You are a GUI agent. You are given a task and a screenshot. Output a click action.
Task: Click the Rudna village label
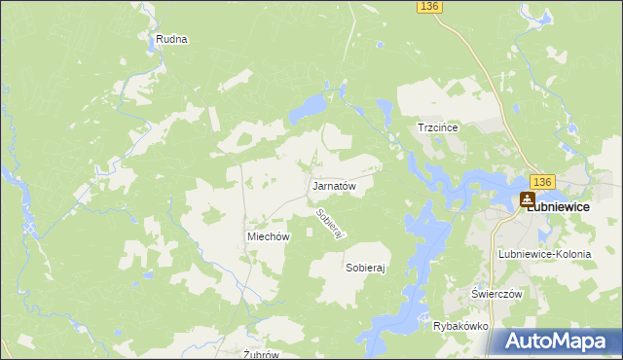click(x=170, y=40)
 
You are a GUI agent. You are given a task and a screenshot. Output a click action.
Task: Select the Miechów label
click(x=269, y=236)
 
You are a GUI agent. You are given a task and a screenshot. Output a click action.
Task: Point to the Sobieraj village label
click(x=366, y=266)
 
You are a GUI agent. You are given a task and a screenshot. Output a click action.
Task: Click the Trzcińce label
click(x=437, y=127)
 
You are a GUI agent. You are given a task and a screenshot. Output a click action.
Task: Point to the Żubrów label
click(x=261, y=354)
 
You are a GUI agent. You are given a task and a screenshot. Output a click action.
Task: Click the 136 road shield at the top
click(x=429, y=7)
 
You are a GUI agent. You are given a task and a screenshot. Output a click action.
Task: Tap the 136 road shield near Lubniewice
click(x=543, y=182)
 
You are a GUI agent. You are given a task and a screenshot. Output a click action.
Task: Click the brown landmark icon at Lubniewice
click(x=527, y=199)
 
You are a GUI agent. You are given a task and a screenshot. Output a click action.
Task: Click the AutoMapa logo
click(x=556, y=341)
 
